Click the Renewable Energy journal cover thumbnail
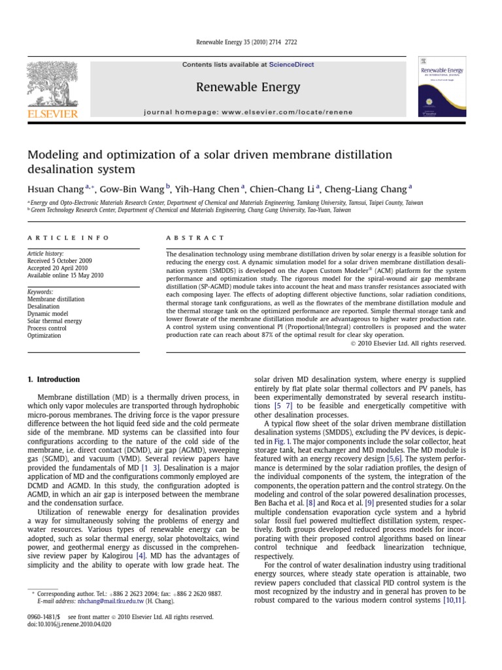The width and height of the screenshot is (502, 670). (443, 86)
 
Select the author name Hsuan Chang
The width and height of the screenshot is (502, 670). (55, 189)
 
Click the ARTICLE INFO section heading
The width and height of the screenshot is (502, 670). (68, 238)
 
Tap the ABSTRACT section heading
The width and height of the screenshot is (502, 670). (195, 238)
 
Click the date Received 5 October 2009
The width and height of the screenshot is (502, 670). (59, 260)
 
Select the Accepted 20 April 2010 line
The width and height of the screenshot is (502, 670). (57, 268)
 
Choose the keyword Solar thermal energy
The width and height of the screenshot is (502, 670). (54, 321)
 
